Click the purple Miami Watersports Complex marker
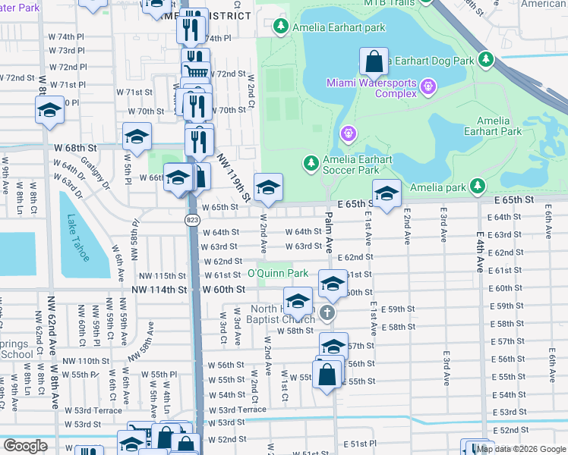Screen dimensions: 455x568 coord(429,86)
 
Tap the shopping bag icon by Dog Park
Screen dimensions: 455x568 coord(374,61)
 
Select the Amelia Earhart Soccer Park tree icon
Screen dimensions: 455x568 coord(310,162)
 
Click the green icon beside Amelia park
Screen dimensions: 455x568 coord(477,185)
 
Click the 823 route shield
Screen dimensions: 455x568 coord(191,219)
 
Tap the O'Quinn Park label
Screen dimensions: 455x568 coord(277,273)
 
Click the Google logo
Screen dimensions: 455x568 coord(24,446)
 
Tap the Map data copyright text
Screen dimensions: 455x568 coord(520,448)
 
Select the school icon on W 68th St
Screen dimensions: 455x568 coord(137,136)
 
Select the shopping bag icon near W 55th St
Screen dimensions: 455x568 coord(327,375)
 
